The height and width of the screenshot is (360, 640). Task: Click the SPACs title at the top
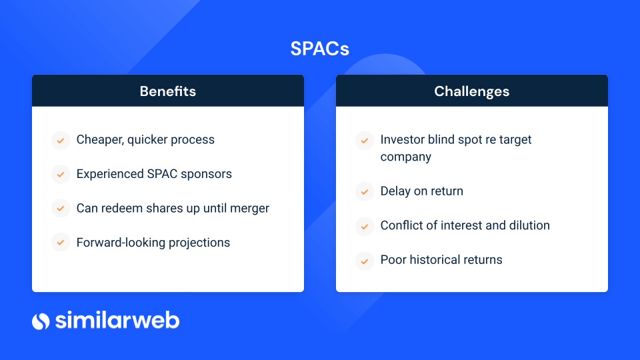[319, 49]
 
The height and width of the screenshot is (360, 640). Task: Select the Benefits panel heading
[168, 91]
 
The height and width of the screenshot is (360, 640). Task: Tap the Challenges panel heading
[471, 91]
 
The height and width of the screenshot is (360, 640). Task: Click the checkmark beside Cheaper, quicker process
[61, 141]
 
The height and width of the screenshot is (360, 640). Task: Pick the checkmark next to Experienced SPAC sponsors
[61, 175]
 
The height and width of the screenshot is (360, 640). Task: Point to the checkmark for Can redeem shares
[61, 209]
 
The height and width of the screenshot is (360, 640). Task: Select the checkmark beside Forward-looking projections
[61, 243]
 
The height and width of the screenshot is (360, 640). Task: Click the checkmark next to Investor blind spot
[365, 141]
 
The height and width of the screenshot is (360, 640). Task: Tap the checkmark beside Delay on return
[365, 191]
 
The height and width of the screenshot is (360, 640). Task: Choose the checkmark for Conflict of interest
[365, 226]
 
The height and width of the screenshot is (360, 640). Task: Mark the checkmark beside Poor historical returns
[365, 261]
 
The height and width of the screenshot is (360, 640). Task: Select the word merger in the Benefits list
[250, 209]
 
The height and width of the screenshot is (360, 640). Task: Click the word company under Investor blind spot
[406, 157]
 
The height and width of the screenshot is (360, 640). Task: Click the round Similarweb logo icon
[41, 321]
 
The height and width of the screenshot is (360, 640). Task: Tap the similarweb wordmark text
[117, 320]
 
